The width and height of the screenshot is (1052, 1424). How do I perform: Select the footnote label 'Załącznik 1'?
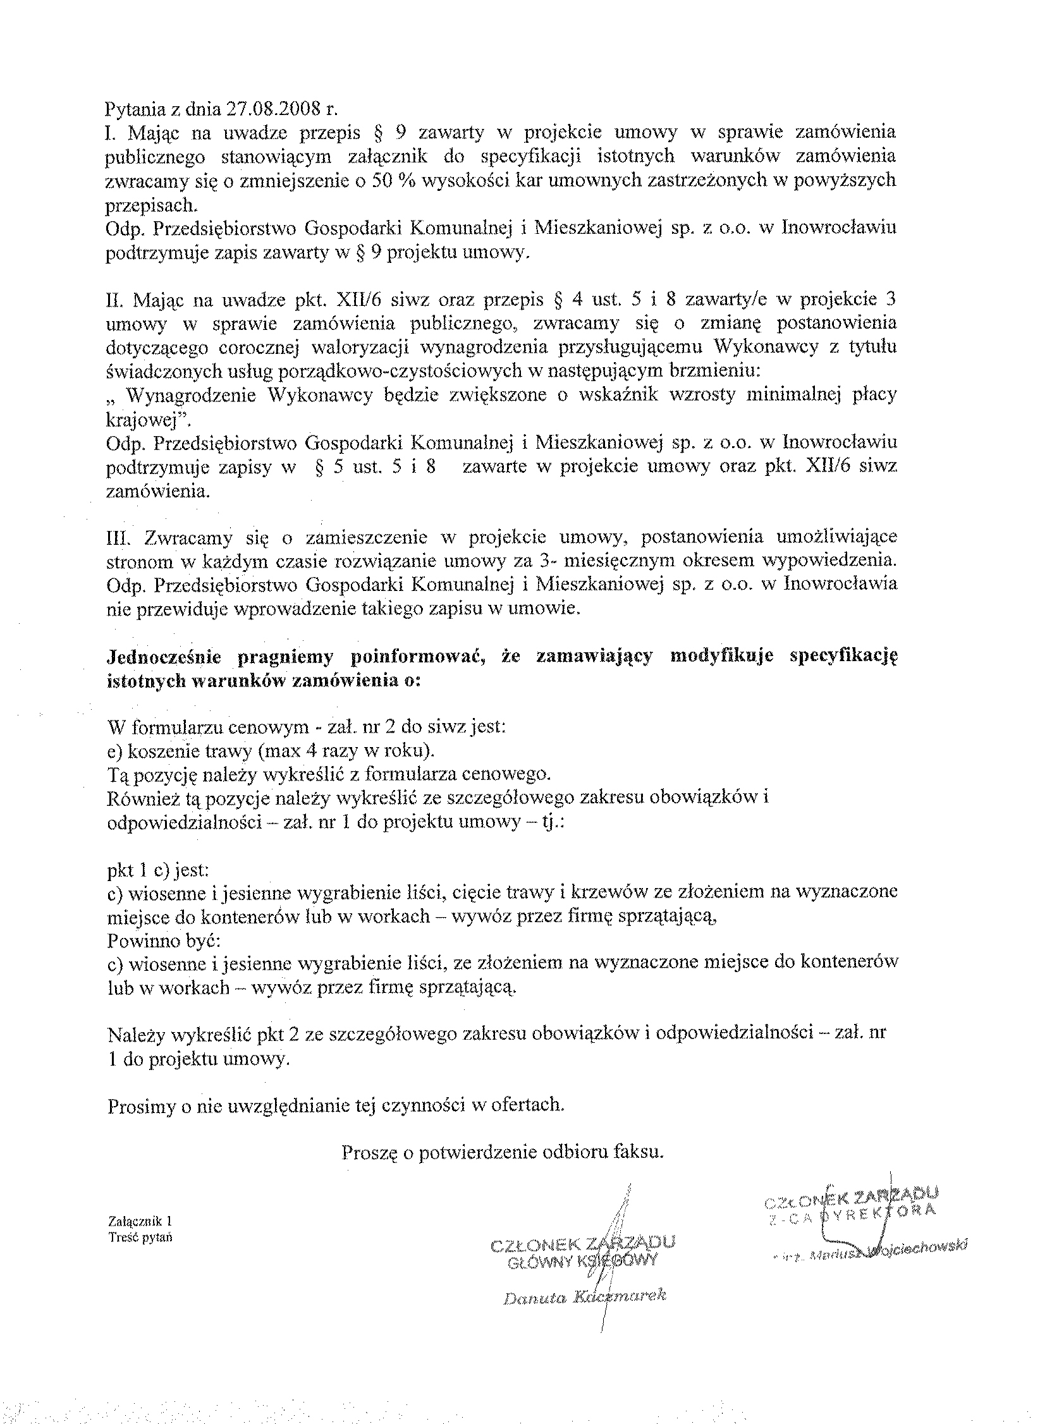tap(140, 1221)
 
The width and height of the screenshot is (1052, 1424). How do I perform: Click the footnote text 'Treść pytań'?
tap(140, 1237)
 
